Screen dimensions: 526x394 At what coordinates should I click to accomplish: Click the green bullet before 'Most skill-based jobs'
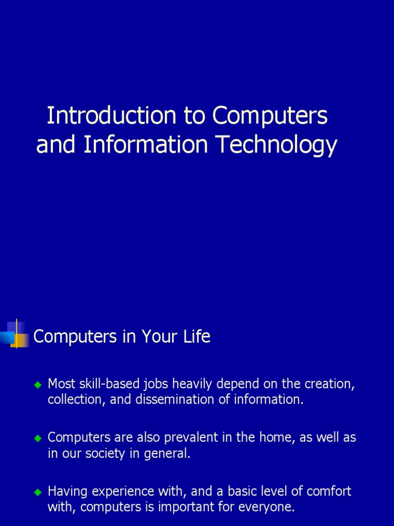pyautogui.click(x=37, y=384)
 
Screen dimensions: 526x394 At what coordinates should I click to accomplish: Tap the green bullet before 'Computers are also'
pyautogui.click(x=37, y=439)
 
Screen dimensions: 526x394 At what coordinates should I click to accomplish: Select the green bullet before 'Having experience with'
pyautogui.click(x=37, y=492)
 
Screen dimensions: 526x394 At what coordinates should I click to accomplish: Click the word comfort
pyautogui.click(x=328, y=492)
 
